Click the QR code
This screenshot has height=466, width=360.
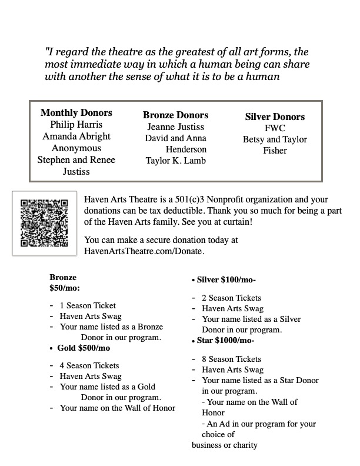point(45,223)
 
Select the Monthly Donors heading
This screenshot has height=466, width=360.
point(76,113)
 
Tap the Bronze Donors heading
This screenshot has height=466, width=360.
point(175,115)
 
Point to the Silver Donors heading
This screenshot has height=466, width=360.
point(275,117)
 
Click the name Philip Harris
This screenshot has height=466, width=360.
point(76,125)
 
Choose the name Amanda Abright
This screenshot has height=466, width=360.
point(76,137)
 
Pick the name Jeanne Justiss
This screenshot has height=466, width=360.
point(175,127)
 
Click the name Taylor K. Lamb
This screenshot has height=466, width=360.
point(175,161)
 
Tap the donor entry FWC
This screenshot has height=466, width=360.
point(275,128)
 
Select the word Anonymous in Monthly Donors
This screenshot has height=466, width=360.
point(76,148)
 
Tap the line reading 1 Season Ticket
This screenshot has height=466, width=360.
point(88,305)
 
